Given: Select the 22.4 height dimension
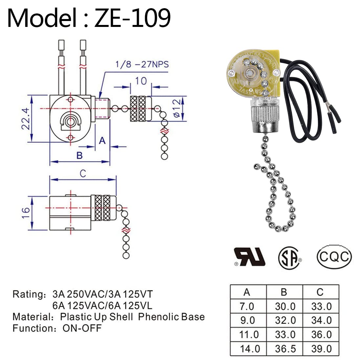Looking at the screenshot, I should [x=27, y=118].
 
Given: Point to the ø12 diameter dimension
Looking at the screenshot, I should [x=176, y=108].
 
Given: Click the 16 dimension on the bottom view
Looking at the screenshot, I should [x=26, y=213].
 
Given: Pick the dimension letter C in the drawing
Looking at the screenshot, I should [x=83, y=173].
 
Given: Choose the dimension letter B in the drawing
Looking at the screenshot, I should [x=79, y=155].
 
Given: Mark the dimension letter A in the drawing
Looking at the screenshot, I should [x=102, y=140].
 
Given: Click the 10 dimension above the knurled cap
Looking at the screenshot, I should [x=141, y=80].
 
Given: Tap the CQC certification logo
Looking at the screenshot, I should [x=334, y=256].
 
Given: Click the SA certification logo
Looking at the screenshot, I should [x=290, y=257].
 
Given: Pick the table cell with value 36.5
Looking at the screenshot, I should [x=285, y=349].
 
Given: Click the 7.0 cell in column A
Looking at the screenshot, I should [x=247, y=306].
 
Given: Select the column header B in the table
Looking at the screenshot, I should [x=284, y=292].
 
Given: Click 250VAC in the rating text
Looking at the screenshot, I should [x=84, y=293].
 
